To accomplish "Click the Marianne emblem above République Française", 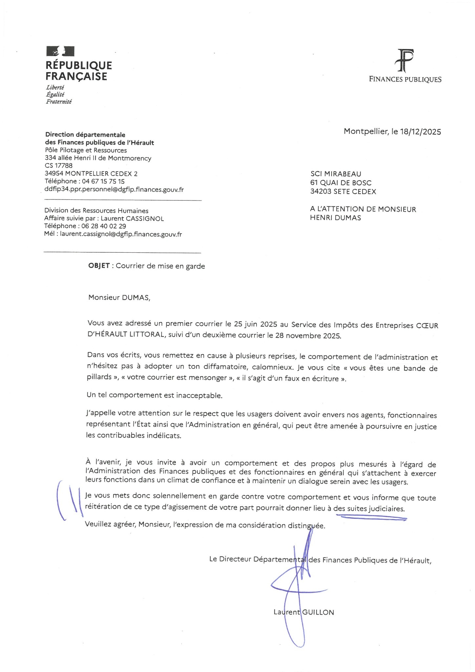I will coord(60,51).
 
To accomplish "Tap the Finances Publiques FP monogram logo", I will coord(405,61).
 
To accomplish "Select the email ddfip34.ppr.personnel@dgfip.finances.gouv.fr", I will coord(114,189).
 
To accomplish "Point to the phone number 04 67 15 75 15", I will coord(103,181).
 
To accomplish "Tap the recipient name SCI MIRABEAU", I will coord(336,174).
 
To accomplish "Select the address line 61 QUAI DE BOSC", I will coord(341,183).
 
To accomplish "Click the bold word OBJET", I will coord(99,266).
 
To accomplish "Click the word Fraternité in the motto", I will coord(59,102).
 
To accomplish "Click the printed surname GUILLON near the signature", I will coord(318,612).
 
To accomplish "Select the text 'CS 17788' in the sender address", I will coord(58,166).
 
